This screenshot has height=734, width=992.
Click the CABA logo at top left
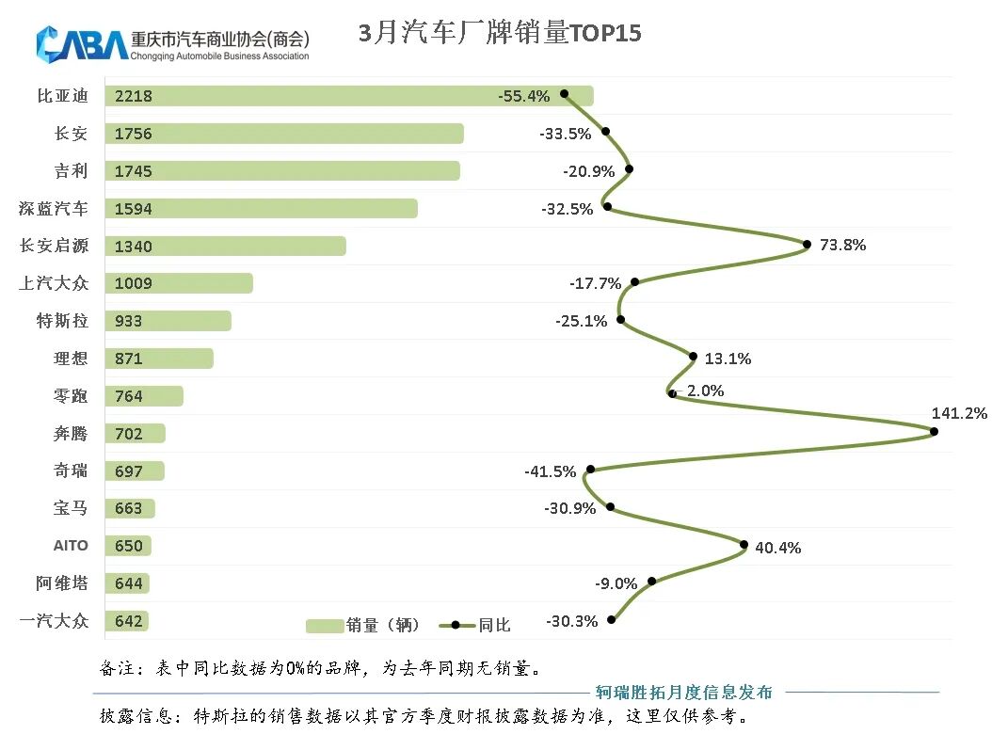[82, 42]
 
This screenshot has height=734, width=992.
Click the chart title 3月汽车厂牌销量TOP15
[500, 34]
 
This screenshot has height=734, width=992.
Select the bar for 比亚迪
[348, 96]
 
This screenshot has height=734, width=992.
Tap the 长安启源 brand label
[55, 246]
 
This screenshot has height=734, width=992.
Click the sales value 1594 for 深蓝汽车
[133, 209]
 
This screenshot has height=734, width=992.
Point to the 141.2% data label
[959, 413]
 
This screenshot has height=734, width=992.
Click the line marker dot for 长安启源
[807, 245]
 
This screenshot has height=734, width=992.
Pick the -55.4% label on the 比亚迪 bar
[524, 96]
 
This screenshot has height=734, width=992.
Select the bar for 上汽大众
[179, 283]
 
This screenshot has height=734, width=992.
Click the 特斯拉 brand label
[62, 321]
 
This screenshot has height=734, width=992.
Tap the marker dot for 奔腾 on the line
[934, 432]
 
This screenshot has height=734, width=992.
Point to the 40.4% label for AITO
[778, 547]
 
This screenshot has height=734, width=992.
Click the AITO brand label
[71, 546]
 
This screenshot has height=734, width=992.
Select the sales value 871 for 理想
[128, 359]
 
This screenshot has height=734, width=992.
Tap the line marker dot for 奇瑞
[590, 470]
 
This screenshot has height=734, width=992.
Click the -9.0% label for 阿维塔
[616, 583]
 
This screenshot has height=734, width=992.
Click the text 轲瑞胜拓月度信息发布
[684, 693]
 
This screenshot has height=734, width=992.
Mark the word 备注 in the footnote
[119, 669]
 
